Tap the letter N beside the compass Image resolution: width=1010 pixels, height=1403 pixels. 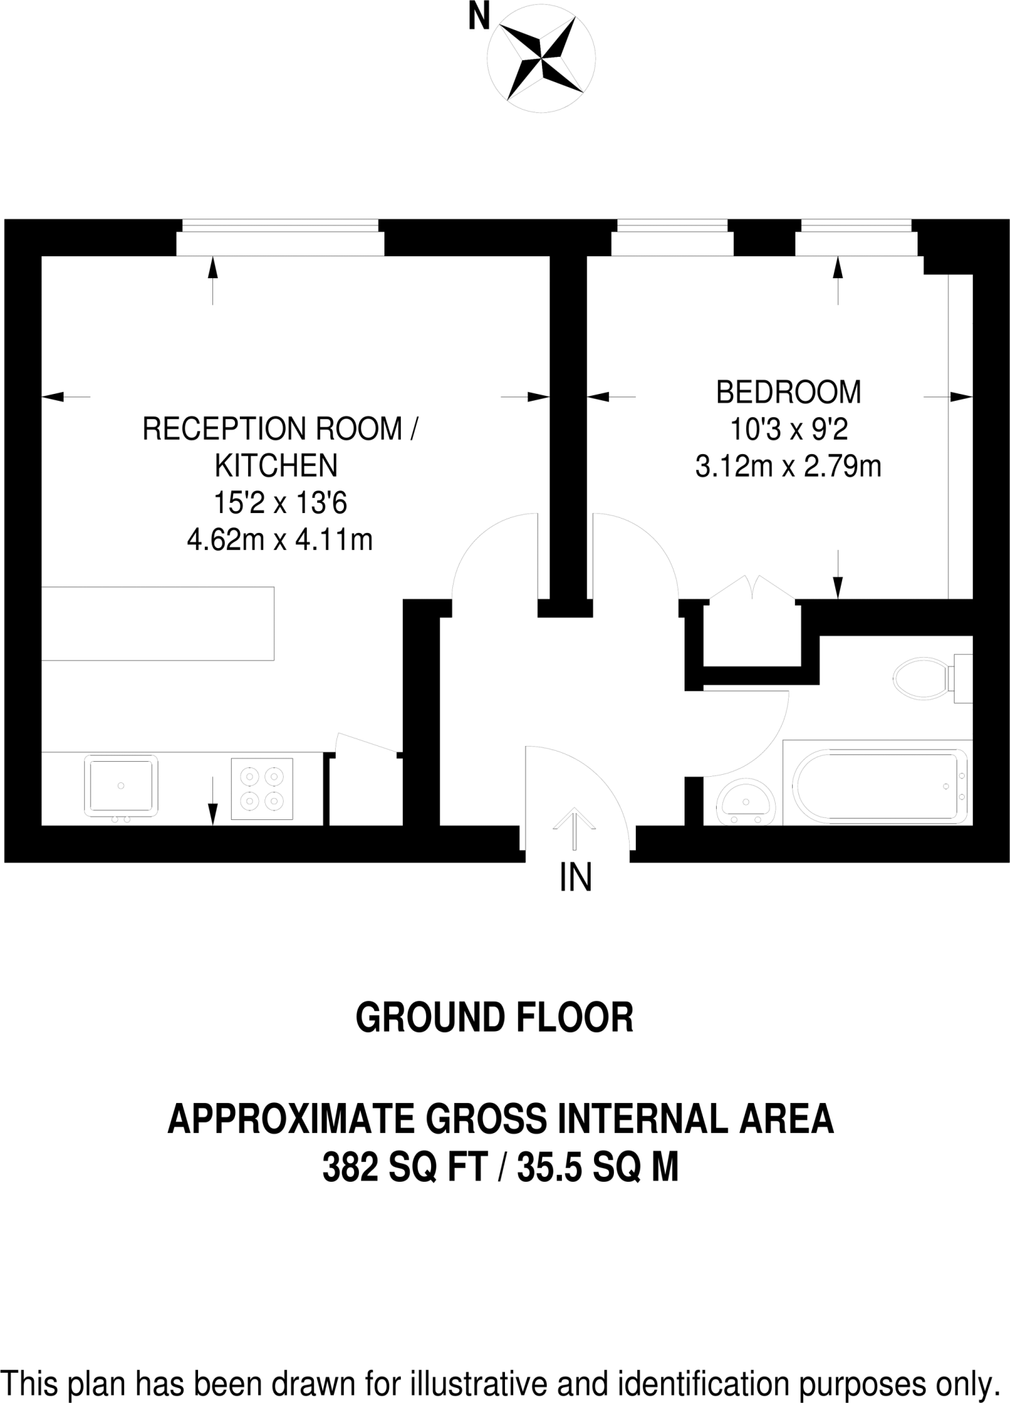(x=479, y=17)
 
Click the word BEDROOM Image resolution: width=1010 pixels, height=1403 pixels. (x=788, y=393)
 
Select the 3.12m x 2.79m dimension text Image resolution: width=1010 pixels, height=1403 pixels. (x=788, y=467)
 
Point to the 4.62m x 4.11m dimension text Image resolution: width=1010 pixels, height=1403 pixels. (x=280, y=541)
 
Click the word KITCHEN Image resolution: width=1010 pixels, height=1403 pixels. (x=276, y=467)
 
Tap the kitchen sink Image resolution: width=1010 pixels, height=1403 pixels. (x=121, y=786)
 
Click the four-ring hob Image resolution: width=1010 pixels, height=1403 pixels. (x=262, y=789)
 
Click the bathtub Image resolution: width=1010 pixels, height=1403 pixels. (x=879, y=784)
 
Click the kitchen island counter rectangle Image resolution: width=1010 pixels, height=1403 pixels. (x=158, y=623)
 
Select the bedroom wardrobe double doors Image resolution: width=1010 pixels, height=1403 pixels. (x=752, y=589)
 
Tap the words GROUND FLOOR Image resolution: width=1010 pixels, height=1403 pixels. (x=495, y=1017)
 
